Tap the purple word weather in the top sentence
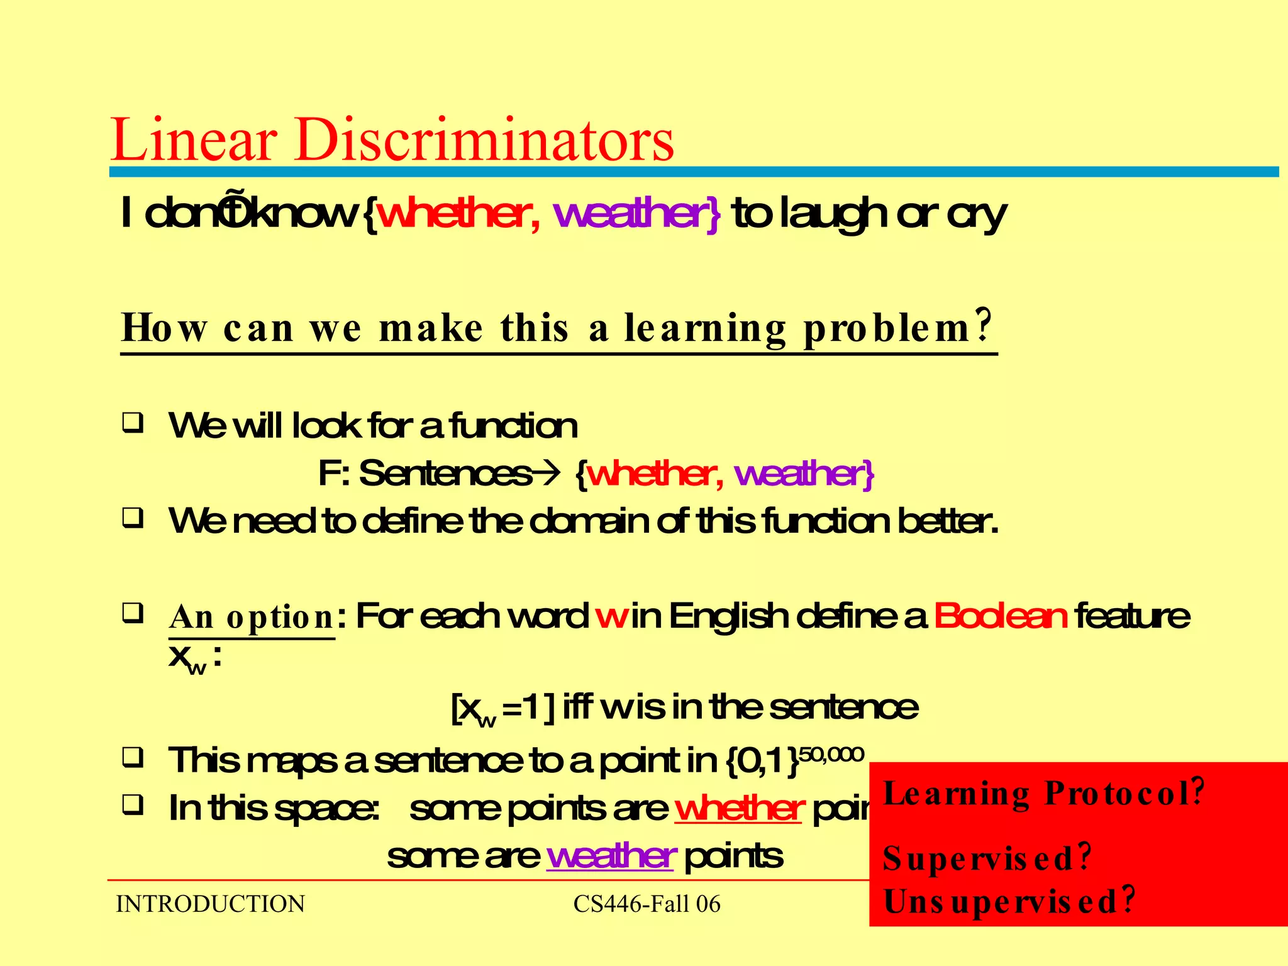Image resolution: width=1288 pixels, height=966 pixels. [x=631, y=214]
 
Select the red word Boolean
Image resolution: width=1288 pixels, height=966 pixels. [x=1001, y=616]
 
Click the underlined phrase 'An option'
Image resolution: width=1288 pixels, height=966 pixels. [x=252, y=618]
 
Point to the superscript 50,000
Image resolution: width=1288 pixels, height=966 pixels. [x=831, y=754]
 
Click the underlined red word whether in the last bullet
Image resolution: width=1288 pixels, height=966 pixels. [x=739, y=809]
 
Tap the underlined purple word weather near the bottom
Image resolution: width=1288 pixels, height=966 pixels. [x=611, y=856]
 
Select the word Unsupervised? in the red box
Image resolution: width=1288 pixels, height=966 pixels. [x=1009, y=901]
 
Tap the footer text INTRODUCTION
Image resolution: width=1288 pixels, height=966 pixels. [x=210, y=904]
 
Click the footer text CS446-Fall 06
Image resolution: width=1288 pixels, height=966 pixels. [x=647, y=904]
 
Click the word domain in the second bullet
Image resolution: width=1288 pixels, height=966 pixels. [x=589, y=521]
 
